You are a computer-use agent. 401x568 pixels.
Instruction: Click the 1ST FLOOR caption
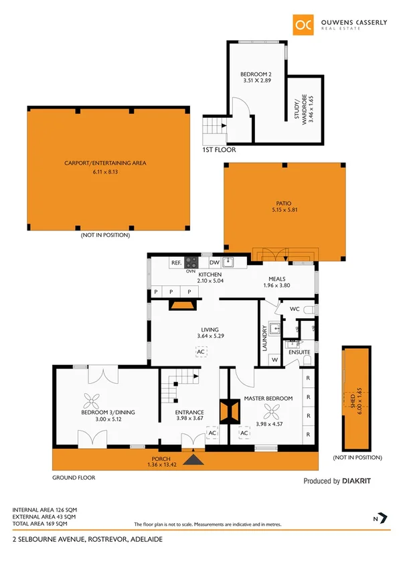point(218,150)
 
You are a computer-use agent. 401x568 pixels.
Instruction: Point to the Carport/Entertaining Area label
point(105,163)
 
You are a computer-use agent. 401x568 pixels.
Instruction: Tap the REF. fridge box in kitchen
point(177,263)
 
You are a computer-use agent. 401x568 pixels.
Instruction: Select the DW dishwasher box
point(214,263)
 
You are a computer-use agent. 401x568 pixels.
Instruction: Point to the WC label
point(294,309)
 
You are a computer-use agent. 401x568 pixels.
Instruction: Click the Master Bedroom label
point(268,399)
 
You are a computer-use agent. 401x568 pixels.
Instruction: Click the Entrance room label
point(189,412)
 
